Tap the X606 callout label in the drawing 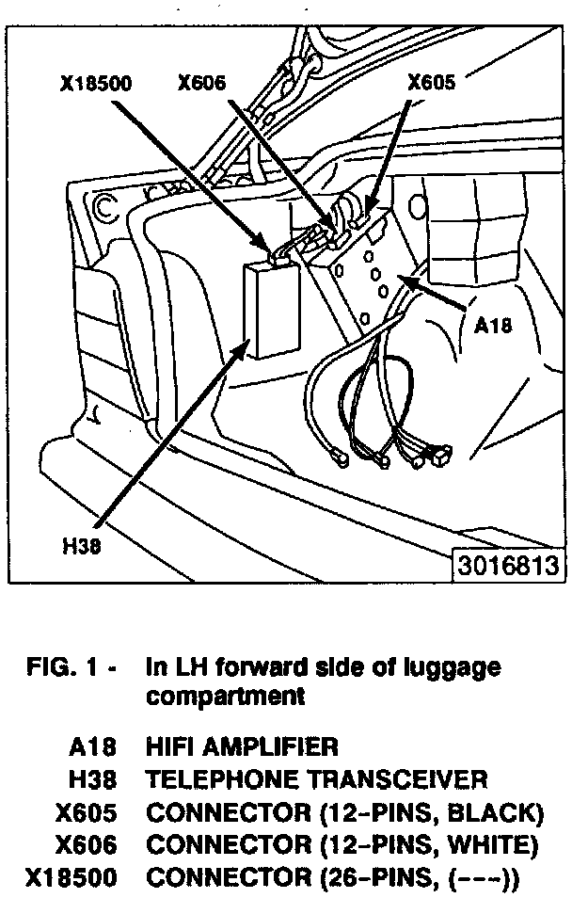point(201,82)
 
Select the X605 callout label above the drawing point(431,82)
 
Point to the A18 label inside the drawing point(493,325)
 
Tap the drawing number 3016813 point(510,566)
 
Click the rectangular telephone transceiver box point(271,308)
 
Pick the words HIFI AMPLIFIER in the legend point(242,748)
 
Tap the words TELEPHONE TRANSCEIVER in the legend point(317,779)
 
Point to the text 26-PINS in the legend point(373,878)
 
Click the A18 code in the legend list point(93,748)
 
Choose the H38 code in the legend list point(93,779)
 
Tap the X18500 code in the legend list point(71,878)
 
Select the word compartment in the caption point(226,698)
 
